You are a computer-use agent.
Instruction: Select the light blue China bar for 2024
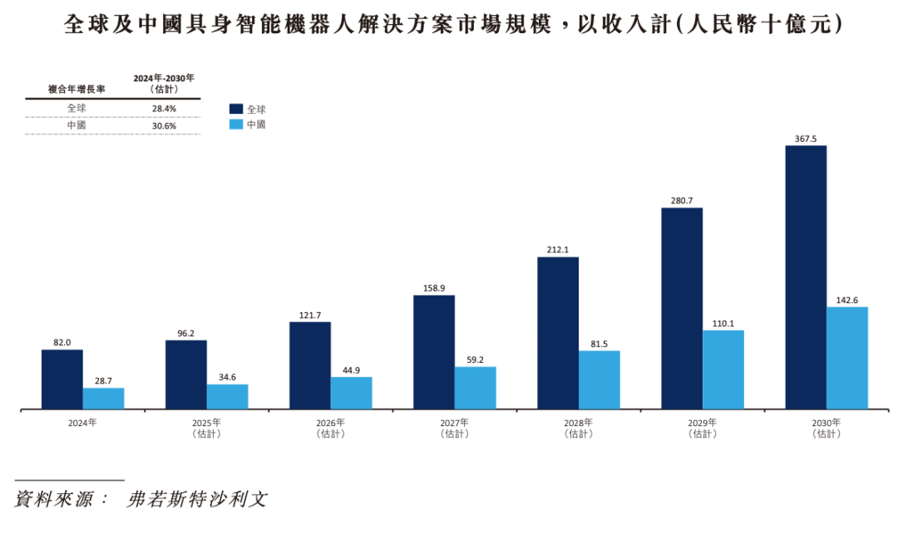click(x=103, y=398)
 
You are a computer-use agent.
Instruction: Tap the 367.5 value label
click(x=806, y=139)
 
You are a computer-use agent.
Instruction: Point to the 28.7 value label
click(x=103, y=380)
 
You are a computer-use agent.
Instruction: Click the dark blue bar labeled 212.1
click(x=557, y=332)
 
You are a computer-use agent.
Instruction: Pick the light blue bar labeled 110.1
click(x=723, y=370)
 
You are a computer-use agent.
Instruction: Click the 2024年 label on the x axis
click(x=82, y=423)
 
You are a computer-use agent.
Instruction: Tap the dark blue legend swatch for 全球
click(x=236, y=109)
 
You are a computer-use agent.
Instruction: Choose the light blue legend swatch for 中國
click(x=236, y=125)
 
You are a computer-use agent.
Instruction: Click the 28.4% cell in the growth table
click(x=163, y=108)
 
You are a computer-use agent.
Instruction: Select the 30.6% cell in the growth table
click(x=163, y=125)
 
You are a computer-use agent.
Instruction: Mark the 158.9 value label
click(x=433, y=288)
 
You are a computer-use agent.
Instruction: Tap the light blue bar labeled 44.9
click(x=351, y=393)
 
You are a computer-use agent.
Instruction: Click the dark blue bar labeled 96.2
click(x=185, y=374)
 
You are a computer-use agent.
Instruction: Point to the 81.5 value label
click(x=599, y=343)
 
